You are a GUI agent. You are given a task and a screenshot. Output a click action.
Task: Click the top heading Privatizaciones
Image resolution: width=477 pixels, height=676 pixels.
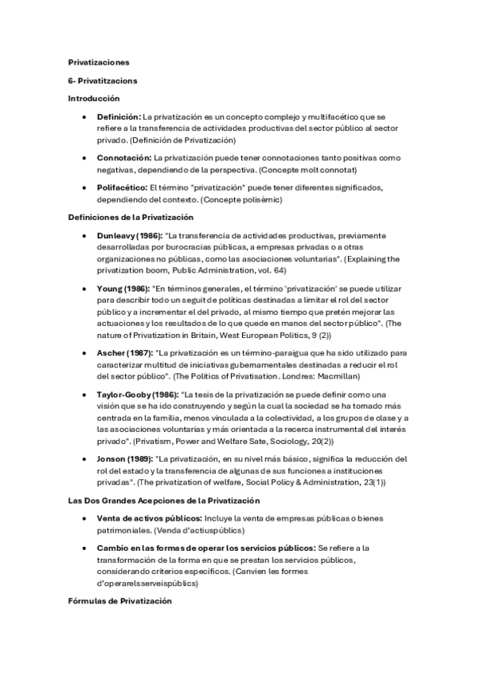click(x=99, y=61)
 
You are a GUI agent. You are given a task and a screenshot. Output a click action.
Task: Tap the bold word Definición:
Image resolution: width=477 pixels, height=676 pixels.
click(x=119, y=116)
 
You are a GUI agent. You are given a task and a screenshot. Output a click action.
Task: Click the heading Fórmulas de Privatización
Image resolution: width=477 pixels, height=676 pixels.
click(x=119, y=601)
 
